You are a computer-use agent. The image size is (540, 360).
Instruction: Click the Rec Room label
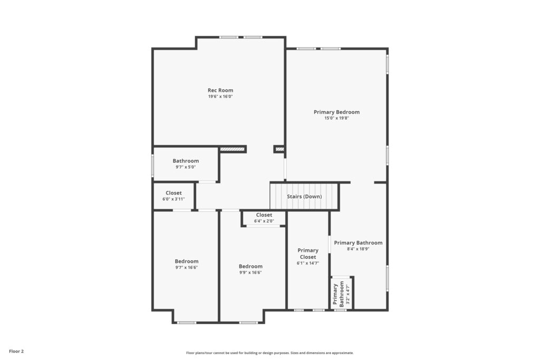point(220,91)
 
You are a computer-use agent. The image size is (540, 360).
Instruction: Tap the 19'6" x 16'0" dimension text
point(220,96)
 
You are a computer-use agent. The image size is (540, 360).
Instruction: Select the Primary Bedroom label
point(336,112)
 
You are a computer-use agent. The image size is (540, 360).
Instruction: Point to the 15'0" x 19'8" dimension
point(336,118)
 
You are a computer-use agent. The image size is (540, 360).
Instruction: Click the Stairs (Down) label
point(304,197)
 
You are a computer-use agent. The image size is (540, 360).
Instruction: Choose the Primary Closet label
point(308,254)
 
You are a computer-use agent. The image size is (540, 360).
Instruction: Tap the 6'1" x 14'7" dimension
point(308,264)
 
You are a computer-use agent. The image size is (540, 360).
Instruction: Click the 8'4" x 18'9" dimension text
point(358,249)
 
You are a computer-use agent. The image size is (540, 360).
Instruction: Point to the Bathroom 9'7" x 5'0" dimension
point(186,167)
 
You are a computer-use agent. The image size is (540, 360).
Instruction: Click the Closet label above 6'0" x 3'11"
point(173,193)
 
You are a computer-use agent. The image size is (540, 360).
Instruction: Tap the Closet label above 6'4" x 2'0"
point(264,215)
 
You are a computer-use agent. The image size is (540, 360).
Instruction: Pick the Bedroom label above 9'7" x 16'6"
point(186,261)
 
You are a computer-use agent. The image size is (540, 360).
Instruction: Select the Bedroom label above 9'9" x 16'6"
point(250,266)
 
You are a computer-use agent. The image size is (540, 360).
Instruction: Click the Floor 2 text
point(16,352)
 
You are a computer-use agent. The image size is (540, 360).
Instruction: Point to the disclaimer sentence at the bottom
point(270,353)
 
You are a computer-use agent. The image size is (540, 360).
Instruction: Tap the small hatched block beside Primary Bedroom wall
point(280,149)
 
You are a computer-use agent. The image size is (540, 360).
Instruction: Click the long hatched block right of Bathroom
point(232,149)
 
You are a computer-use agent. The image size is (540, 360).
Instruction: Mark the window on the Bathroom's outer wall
point(152,166)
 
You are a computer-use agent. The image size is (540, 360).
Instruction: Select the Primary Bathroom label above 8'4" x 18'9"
point(358,242)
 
